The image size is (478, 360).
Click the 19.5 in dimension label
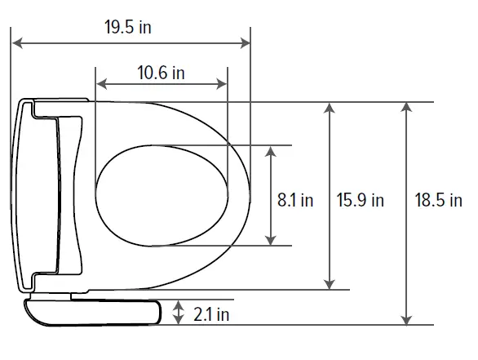coord(128,26)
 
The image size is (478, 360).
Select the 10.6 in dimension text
coord(161,73)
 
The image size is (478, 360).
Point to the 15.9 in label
coord(360,199)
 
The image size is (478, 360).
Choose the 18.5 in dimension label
coord(438,199)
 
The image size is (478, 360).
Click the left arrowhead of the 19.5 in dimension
coord(15,41)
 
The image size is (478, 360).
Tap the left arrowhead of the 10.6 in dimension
coord(100,83)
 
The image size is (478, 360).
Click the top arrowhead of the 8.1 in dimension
coord(271,150)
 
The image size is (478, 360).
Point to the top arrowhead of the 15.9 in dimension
coord(329,107)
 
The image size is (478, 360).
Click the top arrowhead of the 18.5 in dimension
coord(405,107)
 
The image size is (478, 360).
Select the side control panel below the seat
coord(94,311)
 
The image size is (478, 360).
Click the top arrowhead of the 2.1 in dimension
coord(179,303)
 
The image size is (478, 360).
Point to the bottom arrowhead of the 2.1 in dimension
coord(179,321)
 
